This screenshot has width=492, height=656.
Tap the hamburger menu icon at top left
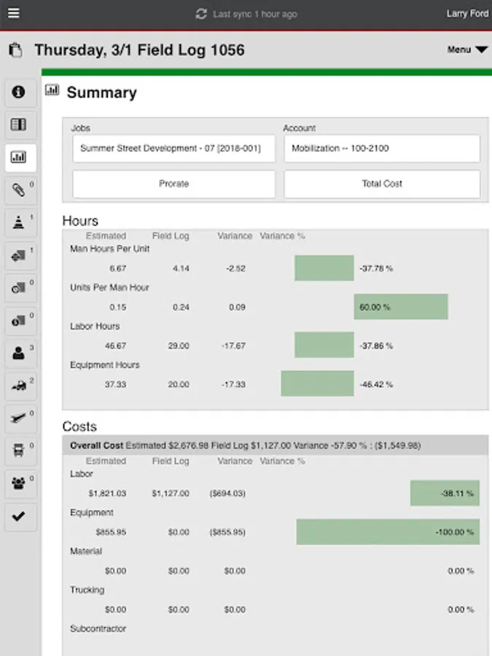point(14,14)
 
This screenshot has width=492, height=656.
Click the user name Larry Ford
point(467,14)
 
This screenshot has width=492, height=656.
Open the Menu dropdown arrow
point(481,50)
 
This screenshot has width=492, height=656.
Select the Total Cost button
point(382,184)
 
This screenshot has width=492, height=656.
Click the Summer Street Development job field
point(173,149)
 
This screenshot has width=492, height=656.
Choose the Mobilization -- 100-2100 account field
point(381,149)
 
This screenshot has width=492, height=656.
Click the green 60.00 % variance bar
point(400,307)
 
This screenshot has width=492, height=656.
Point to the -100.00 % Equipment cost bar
point(387,532)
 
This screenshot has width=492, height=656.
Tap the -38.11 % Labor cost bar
point(445,493)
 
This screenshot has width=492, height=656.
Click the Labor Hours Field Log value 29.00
point(179,345)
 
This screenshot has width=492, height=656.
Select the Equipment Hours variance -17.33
point(234,384)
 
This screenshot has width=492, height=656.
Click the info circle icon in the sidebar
point(19,92)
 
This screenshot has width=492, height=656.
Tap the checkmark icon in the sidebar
point(19,517)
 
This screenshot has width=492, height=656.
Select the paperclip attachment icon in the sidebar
point(19,191)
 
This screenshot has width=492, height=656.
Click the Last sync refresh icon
point(202,14)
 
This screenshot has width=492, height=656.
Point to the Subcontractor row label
point(98,628)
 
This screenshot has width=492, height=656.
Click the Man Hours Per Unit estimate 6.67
point(117,268)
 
